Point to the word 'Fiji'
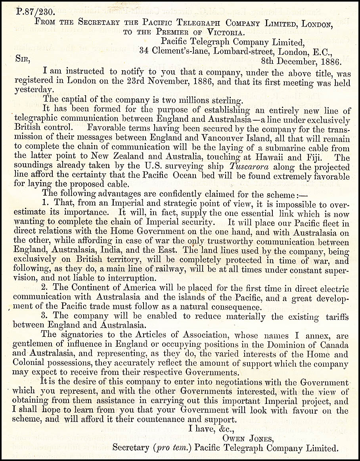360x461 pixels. pos(325,157)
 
